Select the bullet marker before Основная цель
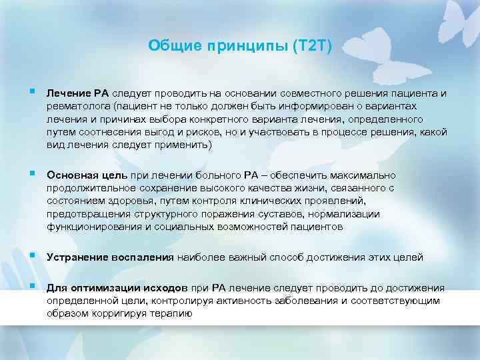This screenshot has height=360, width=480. [33, 174]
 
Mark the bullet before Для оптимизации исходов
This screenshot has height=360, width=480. [33, 287]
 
